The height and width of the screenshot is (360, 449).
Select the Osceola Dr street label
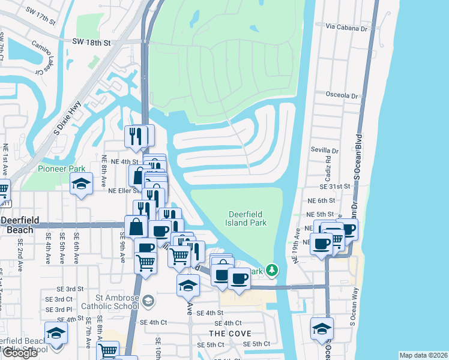coord(342,95)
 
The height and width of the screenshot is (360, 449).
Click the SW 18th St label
coord(91,43)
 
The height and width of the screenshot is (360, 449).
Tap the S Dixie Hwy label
coord(68,116)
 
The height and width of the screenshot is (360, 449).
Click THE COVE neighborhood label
coord(230,333)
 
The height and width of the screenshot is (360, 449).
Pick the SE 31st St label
coord(334,186)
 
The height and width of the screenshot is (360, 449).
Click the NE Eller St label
coord(125,191)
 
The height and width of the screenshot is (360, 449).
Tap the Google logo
coord(20,353)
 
